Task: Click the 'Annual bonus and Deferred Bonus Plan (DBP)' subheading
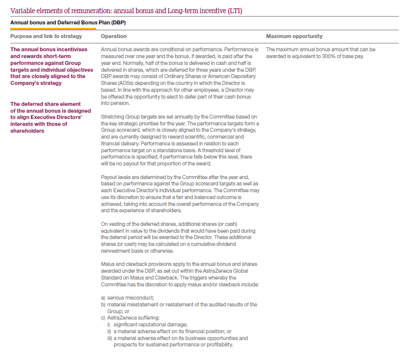[x=68, y=22]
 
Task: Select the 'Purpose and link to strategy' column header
[x=46, y=37]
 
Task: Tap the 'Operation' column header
[x=114, y=37]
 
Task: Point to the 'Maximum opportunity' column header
[x=294, y=37]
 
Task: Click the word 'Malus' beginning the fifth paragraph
[x=108, y=264]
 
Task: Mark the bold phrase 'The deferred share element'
[x=45, y=104]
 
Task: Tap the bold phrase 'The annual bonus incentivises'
[x=49, y=49]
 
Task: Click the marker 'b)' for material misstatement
[x=103, y=304]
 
